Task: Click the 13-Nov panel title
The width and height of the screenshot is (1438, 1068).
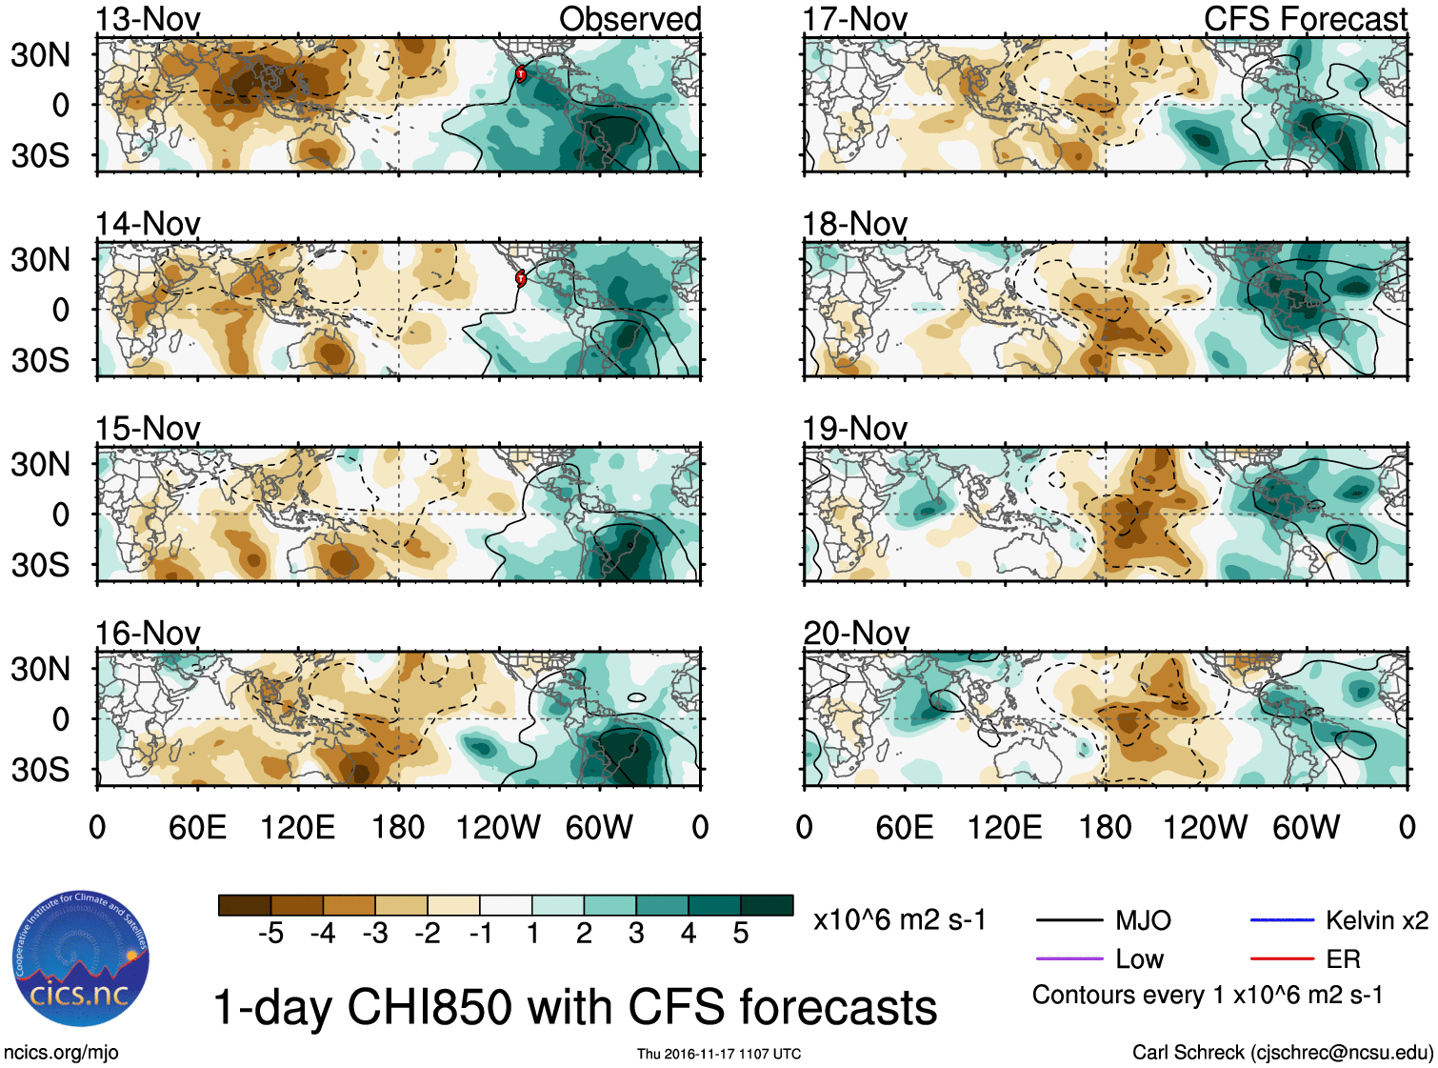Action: (148, 19)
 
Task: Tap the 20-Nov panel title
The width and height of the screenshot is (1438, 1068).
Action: (855, 633)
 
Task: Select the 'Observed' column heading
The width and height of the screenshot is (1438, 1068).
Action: (629, 19)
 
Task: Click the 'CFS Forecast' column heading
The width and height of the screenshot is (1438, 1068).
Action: (1305, 19)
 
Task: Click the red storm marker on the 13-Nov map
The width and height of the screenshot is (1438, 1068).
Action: (521, 73)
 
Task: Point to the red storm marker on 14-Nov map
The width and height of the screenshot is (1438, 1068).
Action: (521, 278)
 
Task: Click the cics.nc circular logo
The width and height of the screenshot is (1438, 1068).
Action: (80, 958)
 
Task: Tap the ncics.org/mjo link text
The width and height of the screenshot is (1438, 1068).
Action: (61, 1052)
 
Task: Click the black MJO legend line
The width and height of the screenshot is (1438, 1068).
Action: (1069, 920)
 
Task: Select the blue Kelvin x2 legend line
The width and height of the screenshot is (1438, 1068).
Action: (1282, 920)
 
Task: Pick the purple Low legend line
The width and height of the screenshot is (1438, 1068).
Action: (1069, 958)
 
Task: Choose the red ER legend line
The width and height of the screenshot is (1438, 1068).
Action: (1282, 958)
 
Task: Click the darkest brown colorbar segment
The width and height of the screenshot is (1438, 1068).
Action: (245, 905)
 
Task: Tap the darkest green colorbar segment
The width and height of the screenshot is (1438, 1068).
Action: (767, 905)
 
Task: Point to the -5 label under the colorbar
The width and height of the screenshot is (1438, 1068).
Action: (270, 934)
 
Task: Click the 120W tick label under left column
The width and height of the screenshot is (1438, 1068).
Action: (498, 827)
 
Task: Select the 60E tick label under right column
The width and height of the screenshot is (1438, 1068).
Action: (904, 827)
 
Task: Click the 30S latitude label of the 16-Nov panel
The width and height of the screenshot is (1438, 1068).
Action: (40, 769)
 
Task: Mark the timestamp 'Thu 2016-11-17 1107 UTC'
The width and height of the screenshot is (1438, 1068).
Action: (719, 1054)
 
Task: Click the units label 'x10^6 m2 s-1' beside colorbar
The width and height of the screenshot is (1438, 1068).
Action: (899, 920)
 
